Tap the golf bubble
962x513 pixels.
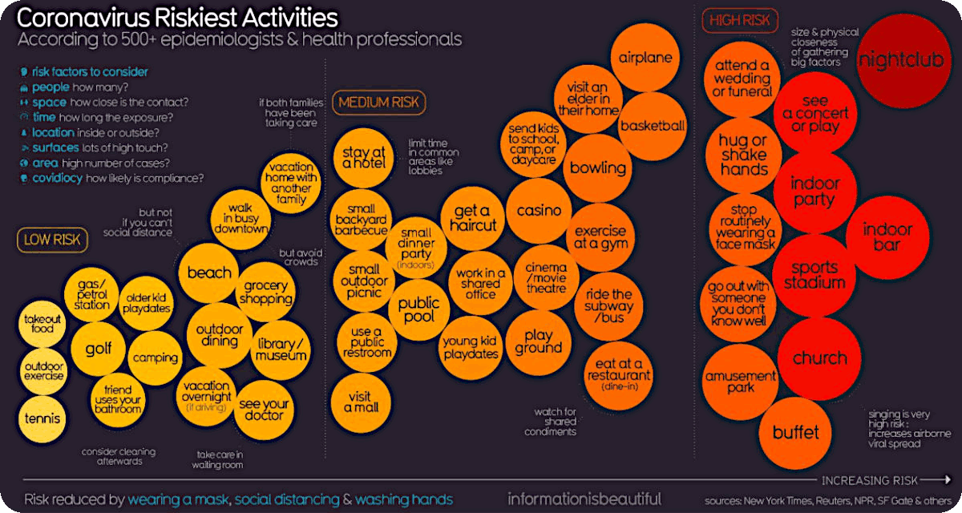coord(98,349)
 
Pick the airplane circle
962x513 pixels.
coord(645,58)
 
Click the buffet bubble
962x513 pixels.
coord(795,433)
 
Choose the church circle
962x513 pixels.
coord(819,358)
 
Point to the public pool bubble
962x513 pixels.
coord(419,309)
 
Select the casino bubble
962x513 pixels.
coord(539,211)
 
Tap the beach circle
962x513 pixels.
coord(209,273)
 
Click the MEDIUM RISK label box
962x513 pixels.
coord(381,102)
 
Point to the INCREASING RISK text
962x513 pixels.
coord(869,480)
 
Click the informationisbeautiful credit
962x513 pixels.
coord(584,499)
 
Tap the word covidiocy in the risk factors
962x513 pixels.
coord(58,178)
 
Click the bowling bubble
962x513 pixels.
coord(597,168)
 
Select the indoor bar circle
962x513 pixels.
coord(887,236)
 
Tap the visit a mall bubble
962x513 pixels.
coord(362,401)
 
